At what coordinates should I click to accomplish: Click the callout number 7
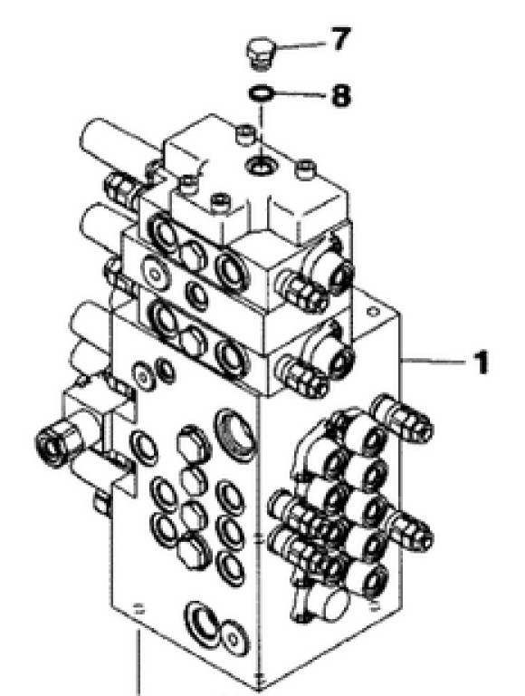(340, 39)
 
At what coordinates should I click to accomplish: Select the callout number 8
(340, 94)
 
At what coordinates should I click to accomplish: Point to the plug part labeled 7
(262, 54)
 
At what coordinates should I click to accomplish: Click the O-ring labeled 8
(261, 93)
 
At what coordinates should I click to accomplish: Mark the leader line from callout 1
(434, 362)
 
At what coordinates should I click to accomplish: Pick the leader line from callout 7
(301, 44)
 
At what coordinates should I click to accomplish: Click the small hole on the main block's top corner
(373, 312)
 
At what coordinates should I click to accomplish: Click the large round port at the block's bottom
(203, 624)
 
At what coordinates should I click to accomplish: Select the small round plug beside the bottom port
(234, 638)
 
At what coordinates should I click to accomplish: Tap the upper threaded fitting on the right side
(402, 416)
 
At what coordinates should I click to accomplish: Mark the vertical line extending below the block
(138, 663)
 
